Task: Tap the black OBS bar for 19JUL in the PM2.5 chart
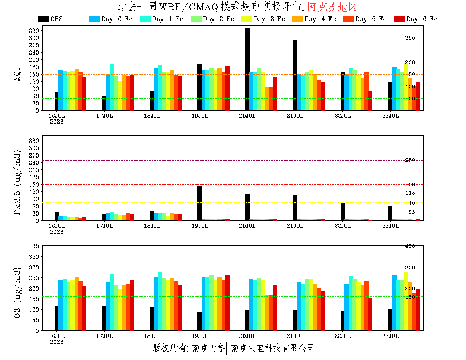[x=200, y=203]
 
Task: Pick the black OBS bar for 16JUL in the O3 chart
[x=56, y=318]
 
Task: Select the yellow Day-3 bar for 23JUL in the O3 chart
[x=406, y=301]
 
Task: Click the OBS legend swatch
[x=43, y=19]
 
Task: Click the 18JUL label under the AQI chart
[x=152, y=116]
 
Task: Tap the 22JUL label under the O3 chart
[x=343, y=336]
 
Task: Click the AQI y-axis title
[x=17, y=70]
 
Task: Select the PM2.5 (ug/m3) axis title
[x=17, y=182]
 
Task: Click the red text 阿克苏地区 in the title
[x=332, y=7]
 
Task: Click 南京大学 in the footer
[x=208, y=348]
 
